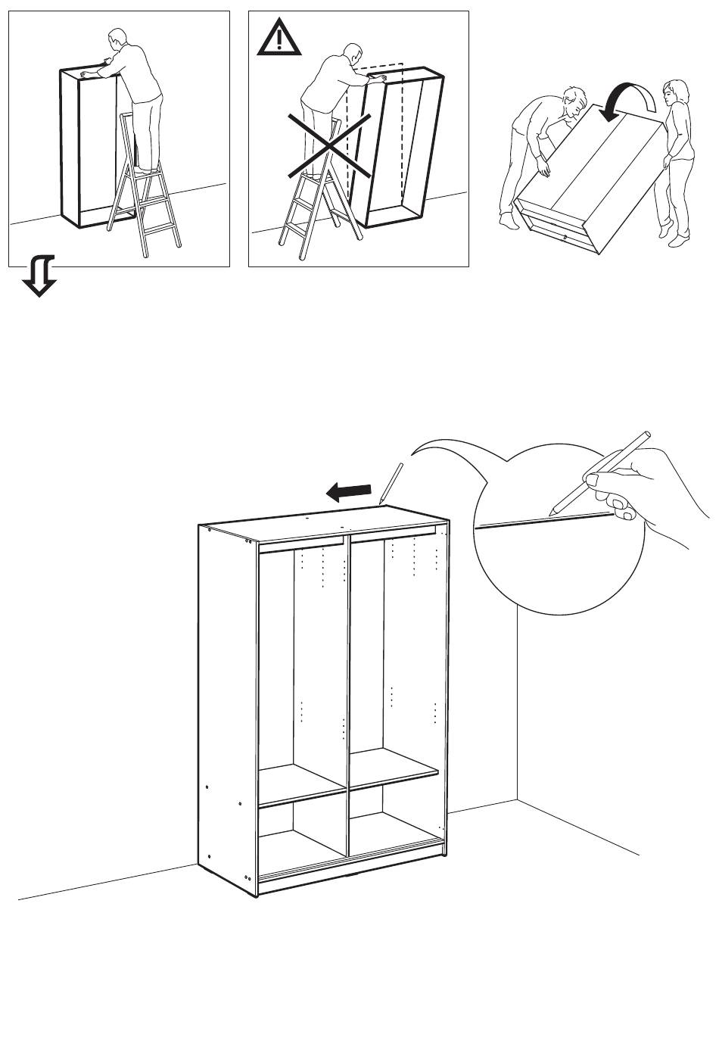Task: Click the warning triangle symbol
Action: pyautogui.click(x=279, y=38)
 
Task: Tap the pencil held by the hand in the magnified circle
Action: pyautogui.click(x=601, y=472)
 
